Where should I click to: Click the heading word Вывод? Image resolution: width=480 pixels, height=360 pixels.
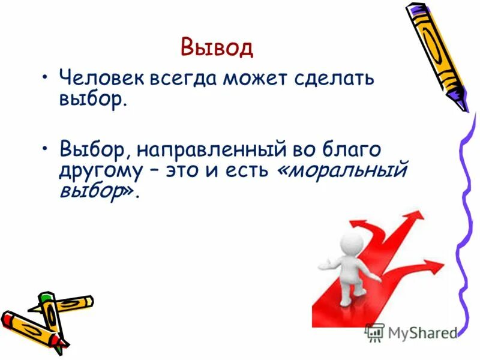[217, 47]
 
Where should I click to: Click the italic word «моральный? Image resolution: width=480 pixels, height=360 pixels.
[342, 171]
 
